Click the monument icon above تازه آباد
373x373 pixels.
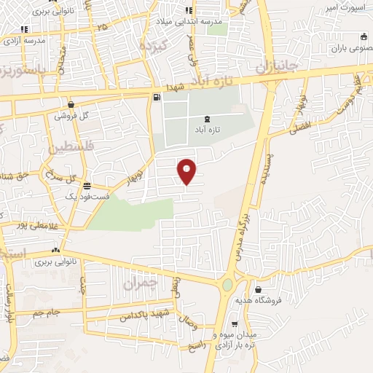(208, 118)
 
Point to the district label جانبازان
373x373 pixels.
(278, 66)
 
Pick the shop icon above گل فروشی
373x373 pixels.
(71, 104)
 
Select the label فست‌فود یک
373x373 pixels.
(87, 197)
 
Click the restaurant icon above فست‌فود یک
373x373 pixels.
(87, 185)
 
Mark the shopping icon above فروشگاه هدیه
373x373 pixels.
(259, 289)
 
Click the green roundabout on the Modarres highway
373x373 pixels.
(228, 284)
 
